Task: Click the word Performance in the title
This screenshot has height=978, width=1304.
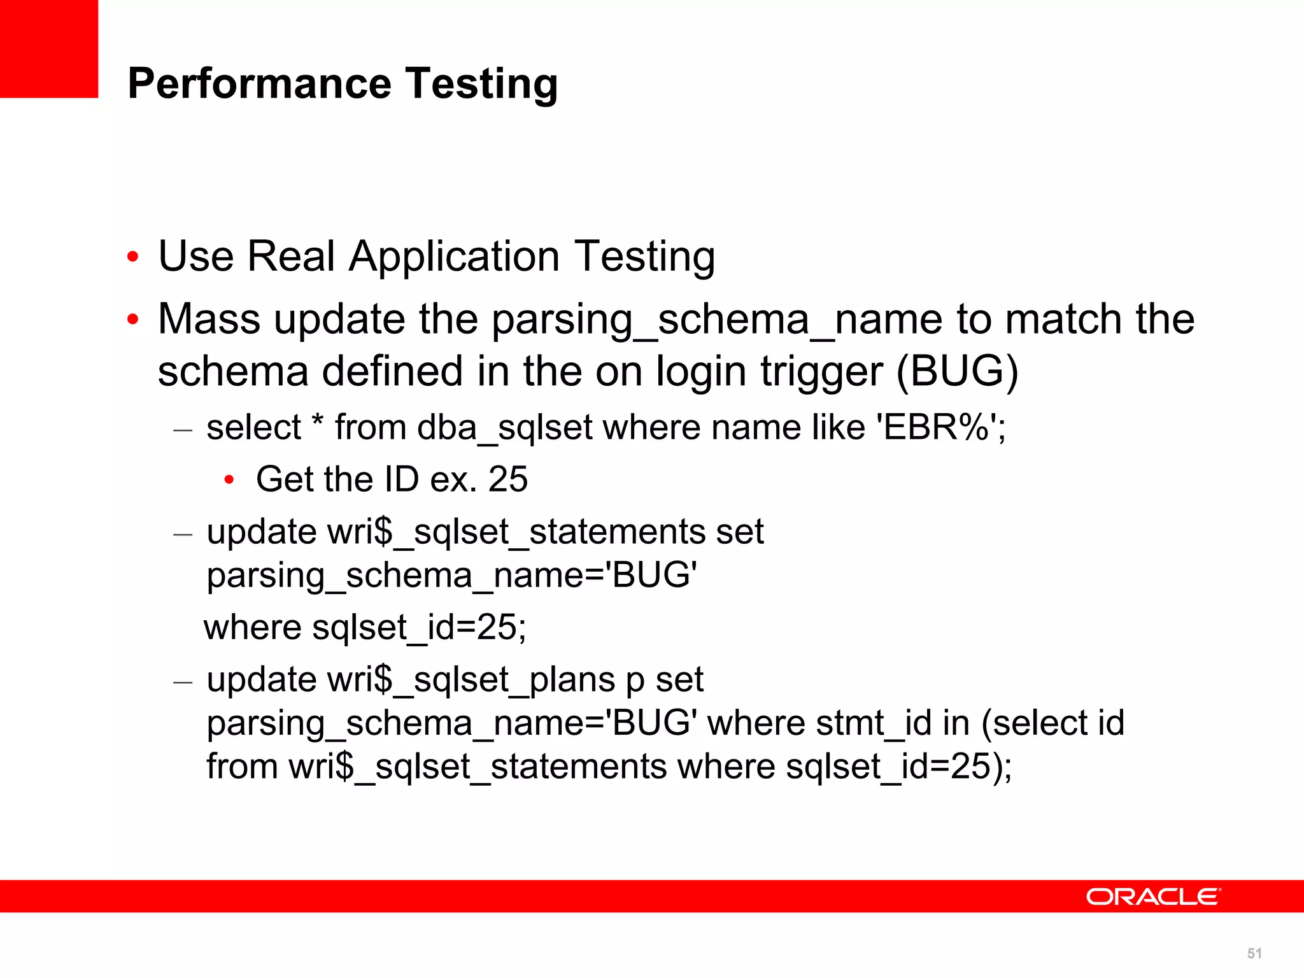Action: coord(259,83)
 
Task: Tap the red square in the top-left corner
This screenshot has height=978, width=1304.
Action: coord(48,48)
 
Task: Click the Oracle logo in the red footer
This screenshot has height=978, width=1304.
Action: coord(1153,896)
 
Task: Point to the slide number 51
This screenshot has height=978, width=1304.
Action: coord(1254,953)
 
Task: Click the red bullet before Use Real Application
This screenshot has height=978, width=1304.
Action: coord(132,257)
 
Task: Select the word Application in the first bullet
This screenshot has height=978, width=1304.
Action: coord(454,257)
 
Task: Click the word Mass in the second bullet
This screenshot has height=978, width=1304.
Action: coord(209,318)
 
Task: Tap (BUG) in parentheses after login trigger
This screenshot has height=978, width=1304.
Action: coord(958,371)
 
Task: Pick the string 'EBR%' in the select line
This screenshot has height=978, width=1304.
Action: coord(936,427)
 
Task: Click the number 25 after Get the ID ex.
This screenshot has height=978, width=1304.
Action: coord(507,479)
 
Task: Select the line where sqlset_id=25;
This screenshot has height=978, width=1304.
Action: coord(365,627)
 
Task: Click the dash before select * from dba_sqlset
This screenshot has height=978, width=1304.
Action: coord(183,430)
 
